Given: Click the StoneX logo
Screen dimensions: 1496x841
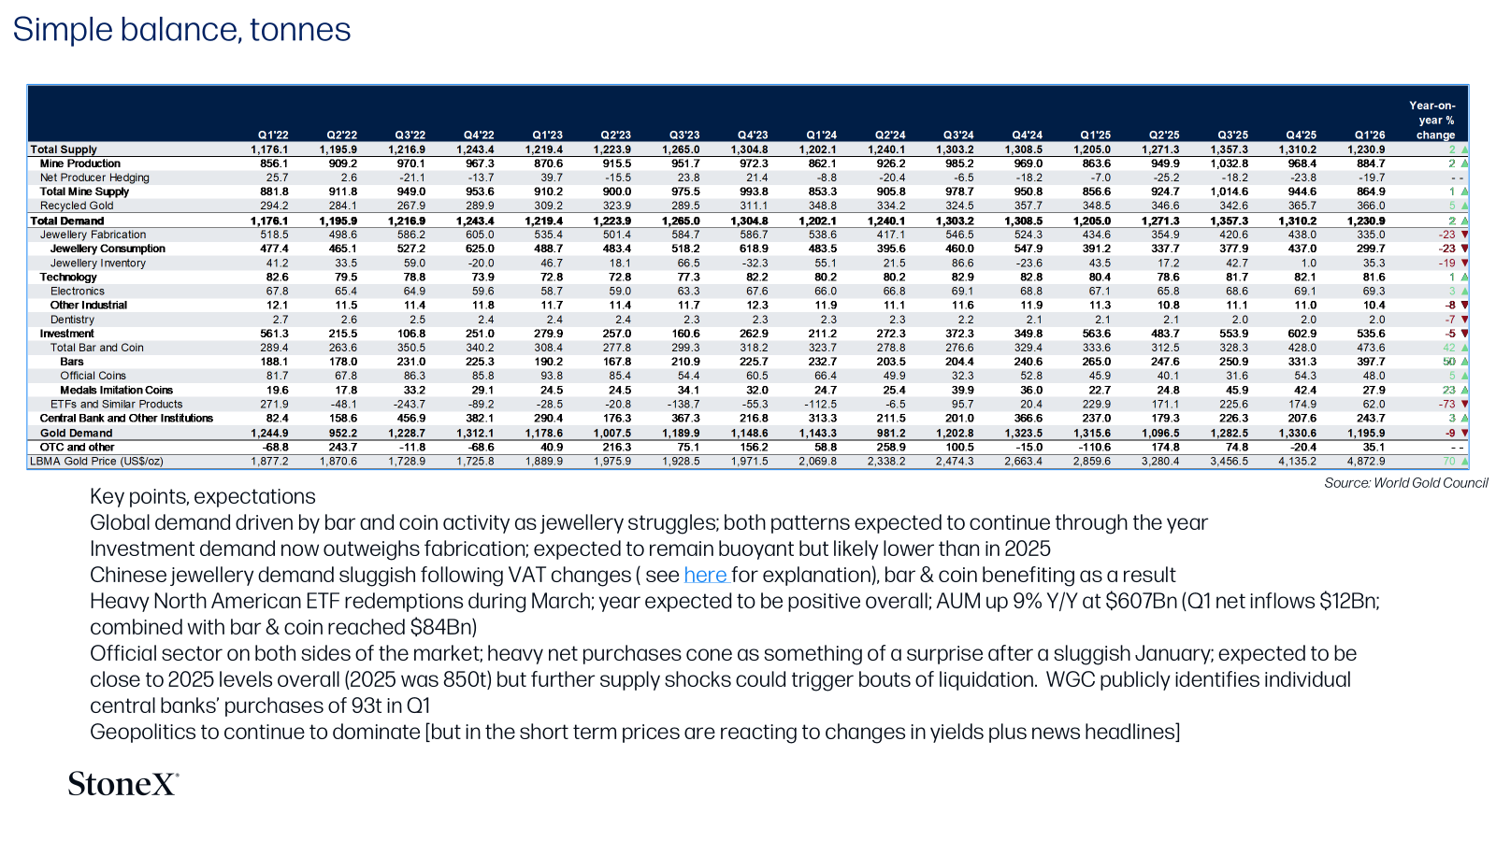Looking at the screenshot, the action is [123, 784].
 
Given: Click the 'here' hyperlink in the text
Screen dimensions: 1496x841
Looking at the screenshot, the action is [705, 575].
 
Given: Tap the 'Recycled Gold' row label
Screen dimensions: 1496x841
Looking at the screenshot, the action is [76, 206].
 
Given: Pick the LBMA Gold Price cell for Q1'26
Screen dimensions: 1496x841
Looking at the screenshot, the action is [1366, 462].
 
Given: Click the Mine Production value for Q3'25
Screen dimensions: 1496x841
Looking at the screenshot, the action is [1229, 164].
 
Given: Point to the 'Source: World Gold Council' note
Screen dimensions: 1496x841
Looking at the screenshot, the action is [1406, 483].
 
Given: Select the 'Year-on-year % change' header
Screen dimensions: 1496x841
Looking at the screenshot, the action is [1432, 121].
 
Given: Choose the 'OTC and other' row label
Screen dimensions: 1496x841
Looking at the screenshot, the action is [77, 448].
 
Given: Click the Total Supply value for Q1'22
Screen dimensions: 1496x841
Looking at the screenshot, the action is [270, 150].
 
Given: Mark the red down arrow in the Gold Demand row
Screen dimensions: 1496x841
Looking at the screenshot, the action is [1464, 434].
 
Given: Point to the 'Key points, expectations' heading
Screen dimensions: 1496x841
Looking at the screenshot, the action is [202, 496].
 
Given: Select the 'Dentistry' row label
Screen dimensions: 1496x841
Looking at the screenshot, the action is [72, 320].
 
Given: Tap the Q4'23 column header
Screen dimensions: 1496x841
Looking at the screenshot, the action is [752, 135].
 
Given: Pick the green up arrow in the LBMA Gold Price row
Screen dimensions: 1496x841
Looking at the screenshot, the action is [1464, 462].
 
